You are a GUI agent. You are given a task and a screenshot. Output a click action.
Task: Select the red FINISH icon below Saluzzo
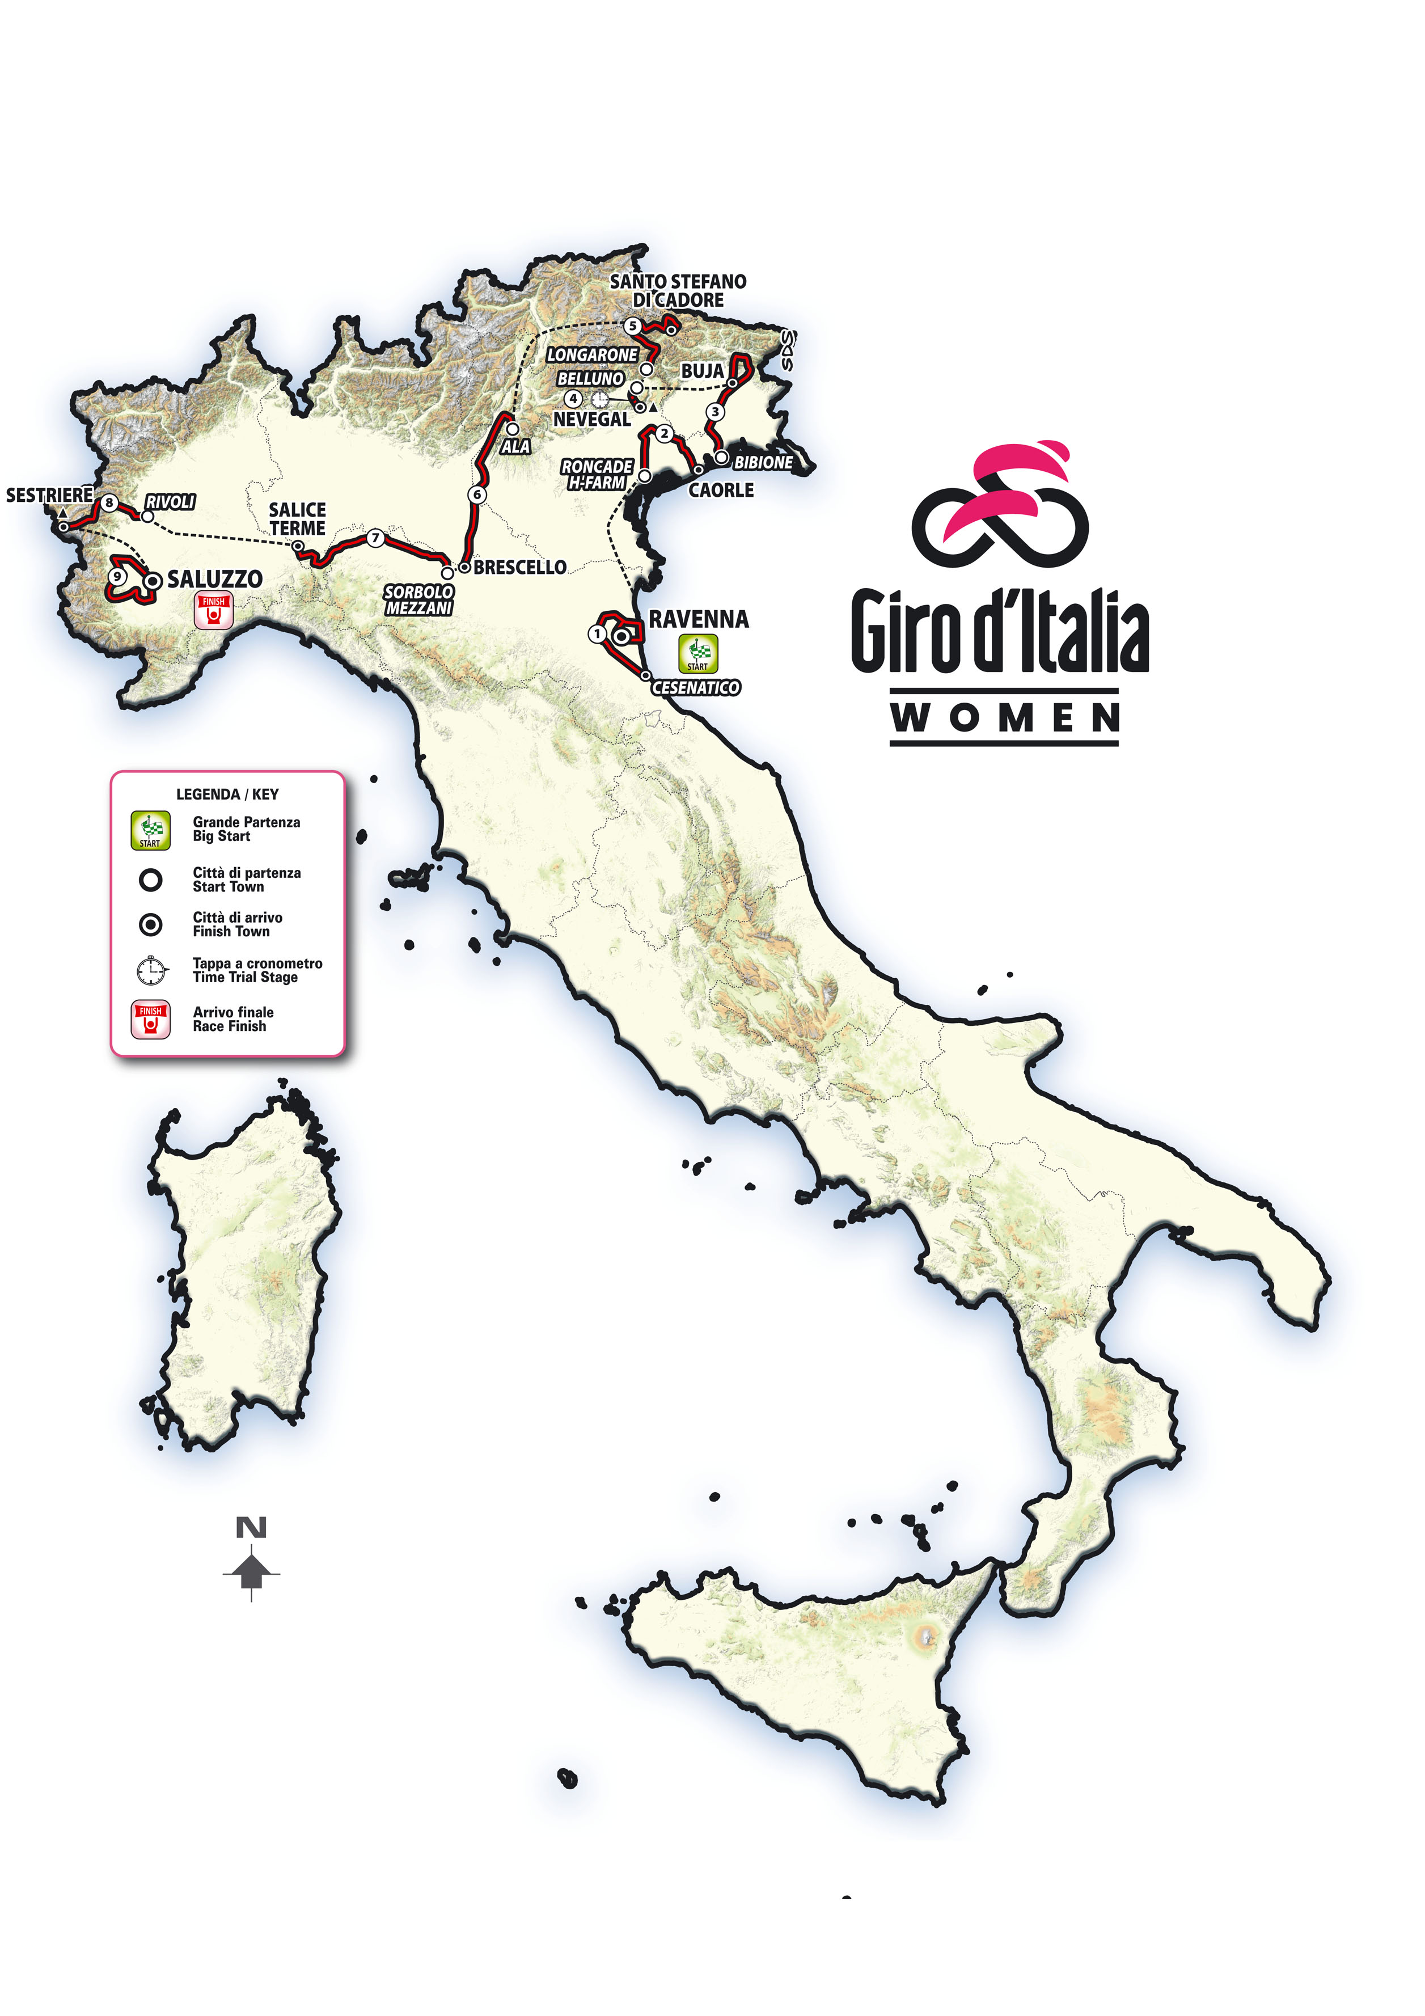pyautogui.click(x=213, y=612)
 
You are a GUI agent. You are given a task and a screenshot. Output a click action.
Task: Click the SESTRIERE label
pyautogui.click(x=49, y=495)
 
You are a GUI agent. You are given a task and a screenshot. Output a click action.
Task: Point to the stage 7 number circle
pyautogui.click(x=376, y=538)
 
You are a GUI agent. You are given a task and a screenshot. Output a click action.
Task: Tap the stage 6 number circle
pyautogui.click(x=477, y=495)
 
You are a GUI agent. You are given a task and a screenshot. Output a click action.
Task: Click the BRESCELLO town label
pyautogui.click(x=520, y=567)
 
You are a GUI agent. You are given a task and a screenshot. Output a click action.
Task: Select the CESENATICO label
pyautogui.click(x=695, y=687)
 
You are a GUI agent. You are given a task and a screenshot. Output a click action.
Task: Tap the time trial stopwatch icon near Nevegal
pyautogui.click(x=600, y=399)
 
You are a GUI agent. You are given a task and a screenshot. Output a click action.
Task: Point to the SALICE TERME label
pyautogui.click(x=298, y=519)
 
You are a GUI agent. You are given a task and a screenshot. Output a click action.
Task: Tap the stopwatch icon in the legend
pyautogui.click(x=151, y=970)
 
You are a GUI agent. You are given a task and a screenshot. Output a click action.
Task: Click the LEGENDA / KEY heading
pyautogui.click(x=227, y=794)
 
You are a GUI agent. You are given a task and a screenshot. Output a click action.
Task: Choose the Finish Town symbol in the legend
pyautogui.click(x=151, y=924)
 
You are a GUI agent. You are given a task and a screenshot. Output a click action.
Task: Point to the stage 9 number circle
pyautogui.click(x=117, y=577)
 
